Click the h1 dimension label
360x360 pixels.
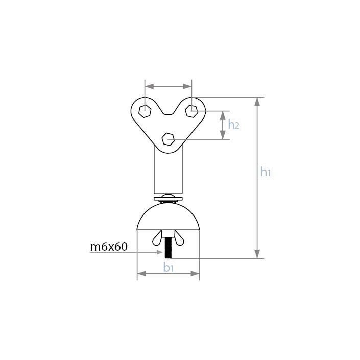(266, 172)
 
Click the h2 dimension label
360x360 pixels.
(233, 125)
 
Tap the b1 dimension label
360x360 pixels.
(168, 267)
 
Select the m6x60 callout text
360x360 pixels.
(109, 247)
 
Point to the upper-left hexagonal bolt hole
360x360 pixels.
(145, 111)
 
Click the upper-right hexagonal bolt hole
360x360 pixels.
(191, 111)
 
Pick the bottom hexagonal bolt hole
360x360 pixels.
(168, 139)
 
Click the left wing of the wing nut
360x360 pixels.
(157, 238)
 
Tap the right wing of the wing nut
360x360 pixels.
(179, 238)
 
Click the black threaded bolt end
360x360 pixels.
(169, 248)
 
